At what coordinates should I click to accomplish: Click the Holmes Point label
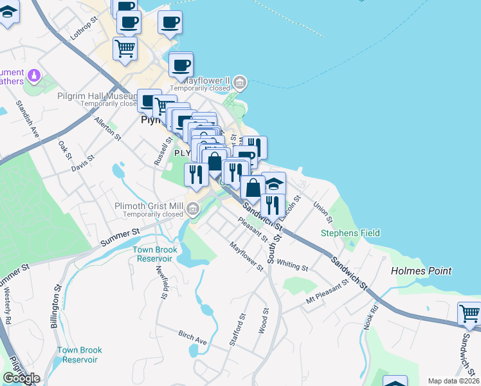421,271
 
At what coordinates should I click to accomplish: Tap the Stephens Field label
350,233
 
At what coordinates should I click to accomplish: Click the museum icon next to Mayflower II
239,82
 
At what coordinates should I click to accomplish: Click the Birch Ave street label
192,337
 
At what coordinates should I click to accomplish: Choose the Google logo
21,378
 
